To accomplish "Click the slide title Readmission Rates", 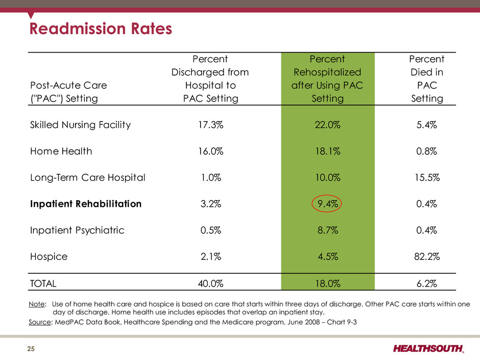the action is (101, 29).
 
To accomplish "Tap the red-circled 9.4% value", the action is (327, 204).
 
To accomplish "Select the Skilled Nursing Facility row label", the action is (81, 125).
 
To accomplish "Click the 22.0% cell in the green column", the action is (327, 125).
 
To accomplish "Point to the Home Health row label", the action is (61, 151).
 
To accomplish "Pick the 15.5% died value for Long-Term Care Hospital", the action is (427, 178).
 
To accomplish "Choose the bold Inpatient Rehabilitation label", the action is (86, 204).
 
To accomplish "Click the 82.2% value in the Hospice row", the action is (427, 256).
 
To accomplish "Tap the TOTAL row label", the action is (43, 283).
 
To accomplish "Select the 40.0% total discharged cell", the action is (210, 283).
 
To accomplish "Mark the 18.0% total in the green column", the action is (327, 283).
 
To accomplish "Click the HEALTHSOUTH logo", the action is (428, 349).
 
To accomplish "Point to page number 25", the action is (31, 349).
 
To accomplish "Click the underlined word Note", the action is (37, 304).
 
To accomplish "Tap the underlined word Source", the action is (40, 322).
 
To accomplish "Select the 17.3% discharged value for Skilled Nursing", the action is (210, 125).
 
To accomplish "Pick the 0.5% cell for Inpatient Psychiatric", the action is (210, 230).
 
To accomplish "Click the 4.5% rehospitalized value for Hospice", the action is (327, 256).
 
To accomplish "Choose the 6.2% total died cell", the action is (427, 283).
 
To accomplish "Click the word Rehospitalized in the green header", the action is (327, 72).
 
